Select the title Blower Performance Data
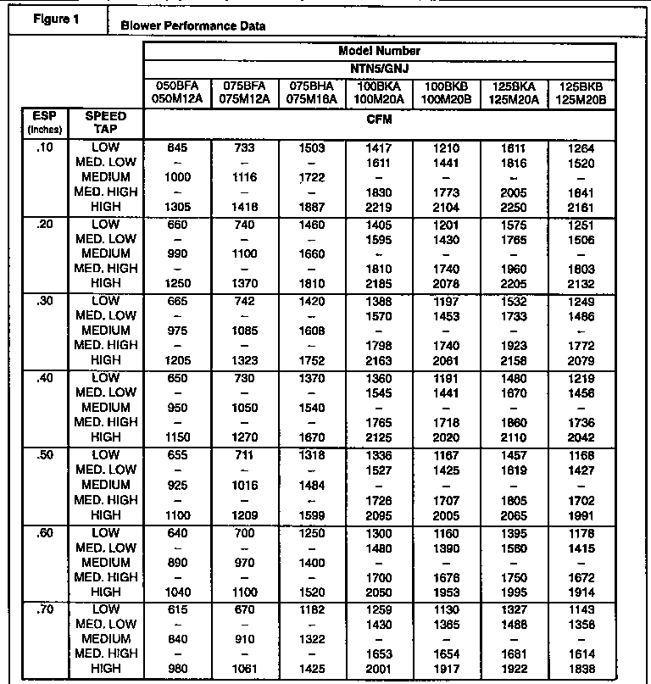tap(193, 26)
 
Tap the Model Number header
tap(379, 51)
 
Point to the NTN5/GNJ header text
tap(379, 67)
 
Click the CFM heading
tap(379, 120)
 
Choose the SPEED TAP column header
tap(107, 122)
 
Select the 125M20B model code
tap(581, 99)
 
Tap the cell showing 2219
tap(379, 208)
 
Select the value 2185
tap(379, 284)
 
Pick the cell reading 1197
tap(447, 301)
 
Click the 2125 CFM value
tap(379, 437)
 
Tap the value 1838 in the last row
tap(581, 669)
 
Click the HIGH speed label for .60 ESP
tap(106, 592)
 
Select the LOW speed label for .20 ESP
tap(106, 224)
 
